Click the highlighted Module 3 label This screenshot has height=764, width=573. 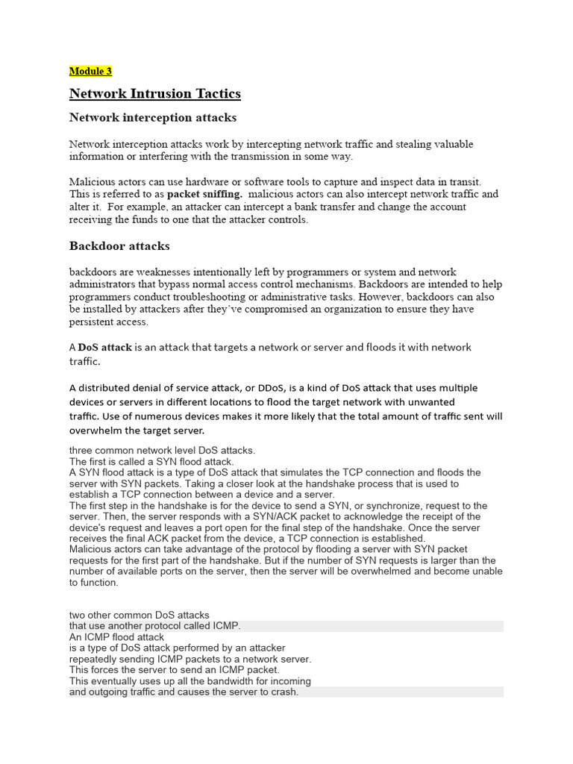[90, 72]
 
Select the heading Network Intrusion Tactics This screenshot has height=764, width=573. [154, 94]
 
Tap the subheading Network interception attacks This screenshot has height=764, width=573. [152, 117]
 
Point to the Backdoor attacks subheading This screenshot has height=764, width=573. [119, 245]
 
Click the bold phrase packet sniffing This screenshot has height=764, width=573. [204, 194]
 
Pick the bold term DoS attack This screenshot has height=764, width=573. [105, 348]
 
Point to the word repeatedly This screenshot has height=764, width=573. [98, 660]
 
